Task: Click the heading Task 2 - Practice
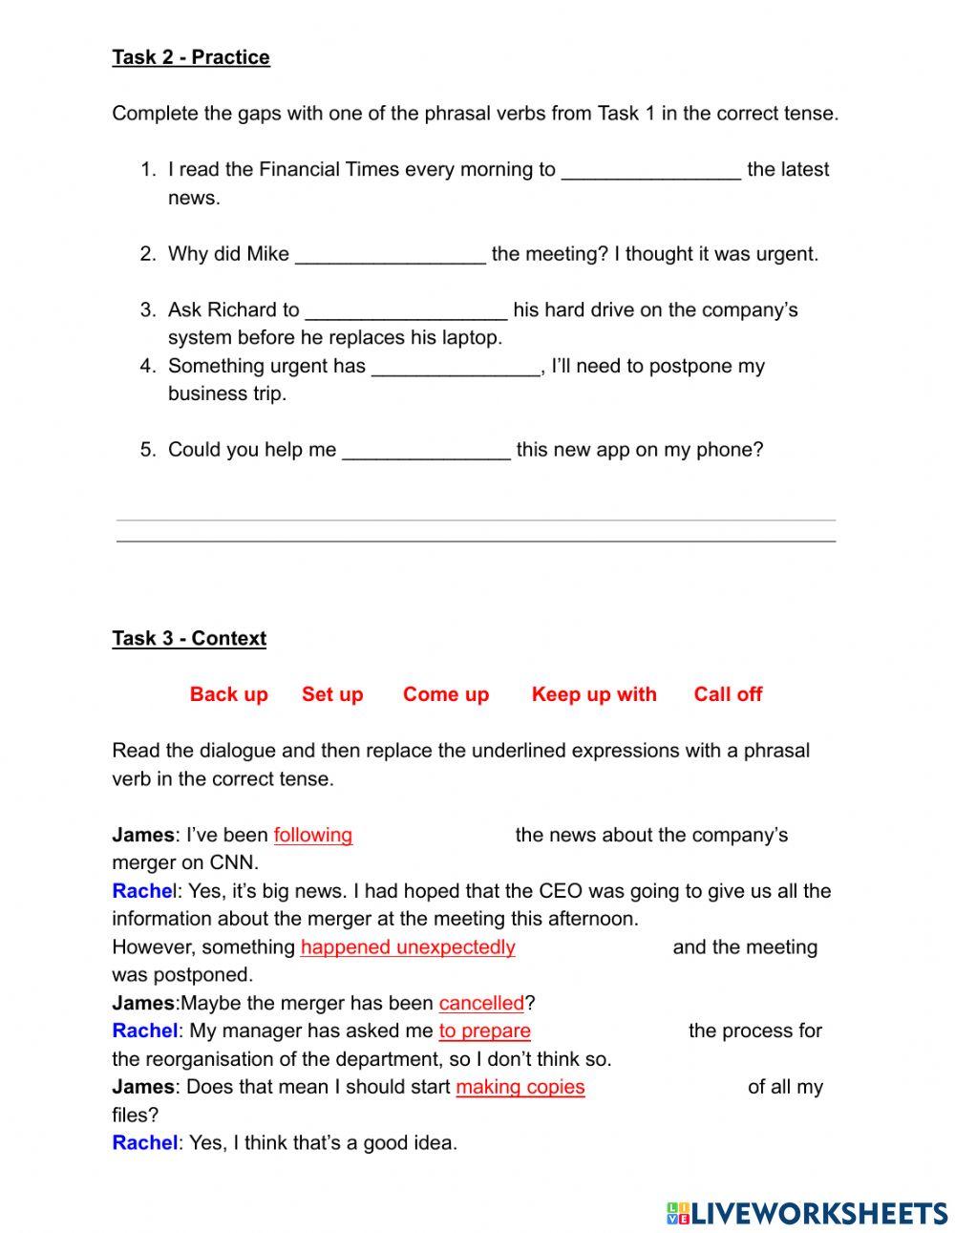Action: (191, 57)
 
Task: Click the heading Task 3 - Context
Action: (189, 638)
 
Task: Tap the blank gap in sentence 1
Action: (650, 171)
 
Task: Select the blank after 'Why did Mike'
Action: (390, 255)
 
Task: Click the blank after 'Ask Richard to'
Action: (406, 311)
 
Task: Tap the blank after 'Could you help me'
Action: (426, 451)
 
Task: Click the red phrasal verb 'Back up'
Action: (228, 694)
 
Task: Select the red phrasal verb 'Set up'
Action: (332, 694)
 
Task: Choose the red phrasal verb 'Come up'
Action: (446, 694)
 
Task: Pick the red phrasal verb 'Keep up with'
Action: (594, 694)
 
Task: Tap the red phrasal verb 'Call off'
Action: (728, 694)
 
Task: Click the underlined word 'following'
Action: (313, 835)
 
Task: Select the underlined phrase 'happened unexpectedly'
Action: (408, 947)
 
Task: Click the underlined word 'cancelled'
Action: (481, 1003)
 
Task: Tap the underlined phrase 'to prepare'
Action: (485, 1031)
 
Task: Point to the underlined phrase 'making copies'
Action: (520, 1087)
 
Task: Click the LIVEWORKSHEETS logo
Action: (807, 1212)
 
